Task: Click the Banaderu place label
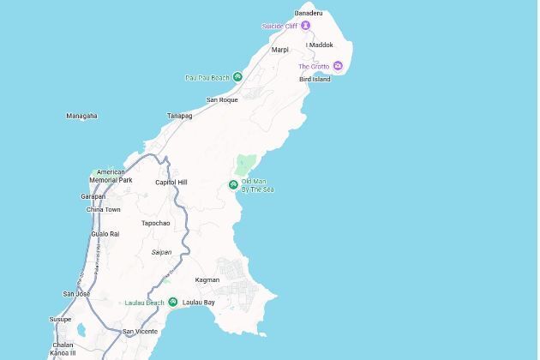click(308, 14)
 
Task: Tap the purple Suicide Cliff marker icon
click(305, 27)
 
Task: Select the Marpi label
click(280, 50)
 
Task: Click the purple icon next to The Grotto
click(338, 66)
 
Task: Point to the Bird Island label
click(315, 79)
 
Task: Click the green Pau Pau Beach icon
click(237, 77)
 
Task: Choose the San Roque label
click(222, 100)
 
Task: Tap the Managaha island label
click(81, 116)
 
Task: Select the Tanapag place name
click(179, 116)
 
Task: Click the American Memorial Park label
click(111, 177)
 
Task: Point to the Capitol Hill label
click(171, 183)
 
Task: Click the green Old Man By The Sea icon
click(233, 185)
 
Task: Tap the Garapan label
click(93, 196)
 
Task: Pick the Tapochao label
click(155, 223)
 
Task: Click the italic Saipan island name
click(161, 252)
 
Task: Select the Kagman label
click(207, 279)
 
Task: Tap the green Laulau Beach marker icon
click(172, 302)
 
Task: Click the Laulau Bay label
click(198, 303)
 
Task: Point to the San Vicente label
click(139, 331)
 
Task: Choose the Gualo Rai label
click(105, 234)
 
